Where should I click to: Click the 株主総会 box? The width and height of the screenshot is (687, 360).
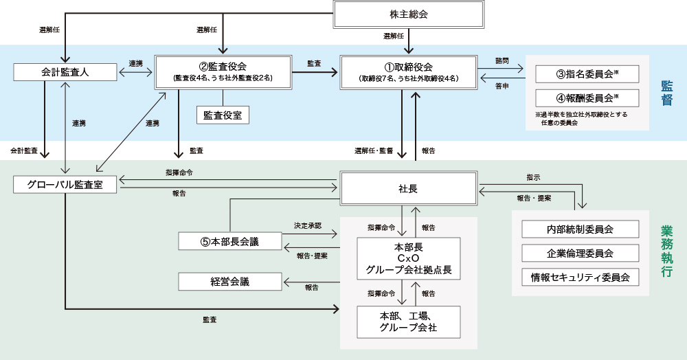click(408, 14)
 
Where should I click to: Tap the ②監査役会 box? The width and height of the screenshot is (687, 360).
click(222, 71)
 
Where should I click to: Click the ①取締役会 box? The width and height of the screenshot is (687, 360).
click(408, 71)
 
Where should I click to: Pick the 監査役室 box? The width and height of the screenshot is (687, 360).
click(223, 115)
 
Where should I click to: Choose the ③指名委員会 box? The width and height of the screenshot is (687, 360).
click(587, 74)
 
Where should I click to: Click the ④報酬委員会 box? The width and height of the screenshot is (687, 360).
click(587, 97)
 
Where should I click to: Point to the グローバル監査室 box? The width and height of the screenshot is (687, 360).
click(65, 185)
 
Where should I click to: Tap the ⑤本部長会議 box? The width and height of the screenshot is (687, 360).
click(229, 241)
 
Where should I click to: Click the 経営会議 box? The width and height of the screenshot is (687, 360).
click(229, 282)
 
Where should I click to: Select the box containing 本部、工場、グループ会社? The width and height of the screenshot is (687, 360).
click(408, 322)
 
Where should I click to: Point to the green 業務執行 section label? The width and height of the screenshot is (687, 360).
click(666, 251)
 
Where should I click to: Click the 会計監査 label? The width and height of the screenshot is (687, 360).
click(23, 150)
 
